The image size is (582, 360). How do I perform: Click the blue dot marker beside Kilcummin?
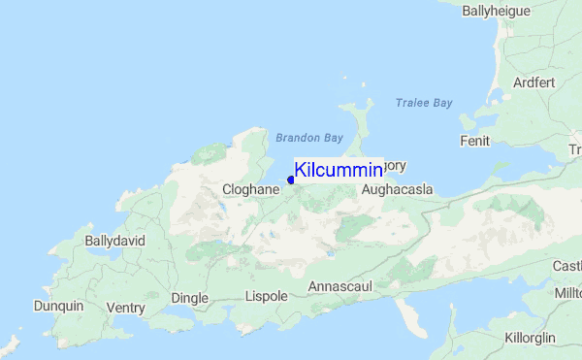pyautogui.click(x=291, y=180)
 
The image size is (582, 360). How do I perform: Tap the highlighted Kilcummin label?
pyautogui.click(x=339, y=171)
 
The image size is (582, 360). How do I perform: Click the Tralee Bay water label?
pyautogui.click(x=424, y=103)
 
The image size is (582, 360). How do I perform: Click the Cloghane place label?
pyautogui.click(x=250, y=190)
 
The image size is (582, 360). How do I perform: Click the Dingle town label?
pyautogui.click(x=190, y=297)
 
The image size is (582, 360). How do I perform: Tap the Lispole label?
pyautogui.click(x=268, y=296)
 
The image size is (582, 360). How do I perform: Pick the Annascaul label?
pyautogui.click(x=340, y=287)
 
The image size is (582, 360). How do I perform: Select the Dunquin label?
pyautogui.click(x=58, y=307)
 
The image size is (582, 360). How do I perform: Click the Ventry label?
pyautogui.click(x=126, y=309)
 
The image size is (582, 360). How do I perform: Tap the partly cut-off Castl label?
pyautogui.click(x=566, y=266)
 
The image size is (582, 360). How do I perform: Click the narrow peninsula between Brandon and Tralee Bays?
pyautogui.click(x=362, y=126)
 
